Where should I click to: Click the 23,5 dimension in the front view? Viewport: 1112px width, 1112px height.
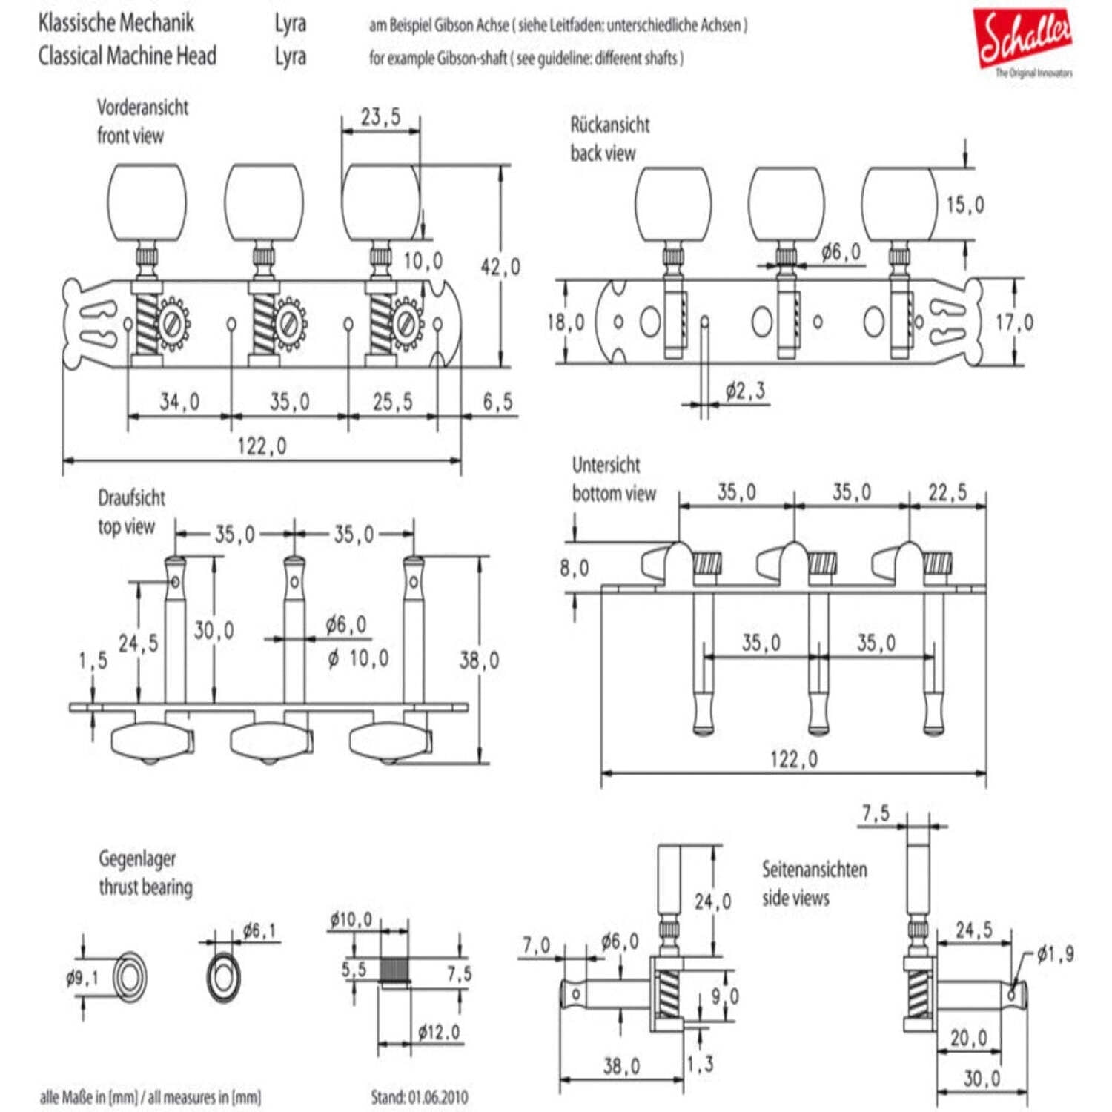tap(380, 116)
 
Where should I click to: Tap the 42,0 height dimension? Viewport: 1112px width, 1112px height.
tap(500, 267)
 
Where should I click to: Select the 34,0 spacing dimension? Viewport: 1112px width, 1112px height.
tap(179, 402)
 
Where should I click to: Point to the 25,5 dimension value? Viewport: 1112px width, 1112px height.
tap(393, 402)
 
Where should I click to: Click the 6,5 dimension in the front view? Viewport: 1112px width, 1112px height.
tap(497, 402)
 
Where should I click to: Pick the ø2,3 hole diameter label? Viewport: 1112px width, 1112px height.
tap(746, 391)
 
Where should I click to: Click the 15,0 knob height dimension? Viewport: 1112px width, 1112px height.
tap(965, 205)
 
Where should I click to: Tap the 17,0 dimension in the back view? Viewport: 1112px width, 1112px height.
tap(1014, 322)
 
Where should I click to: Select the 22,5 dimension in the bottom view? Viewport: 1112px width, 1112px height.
tap(947, 492)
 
